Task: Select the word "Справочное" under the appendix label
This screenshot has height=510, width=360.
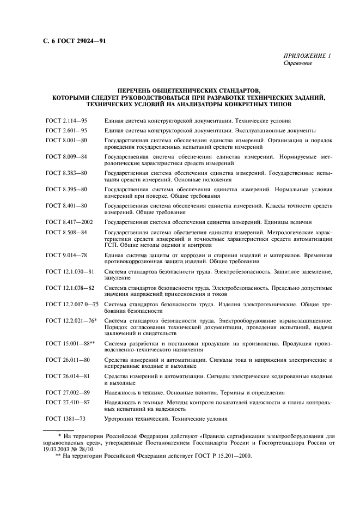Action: click(x=297, y=64)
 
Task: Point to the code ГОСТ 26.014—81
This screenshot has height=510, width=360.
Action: click(x=68, y=376)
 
